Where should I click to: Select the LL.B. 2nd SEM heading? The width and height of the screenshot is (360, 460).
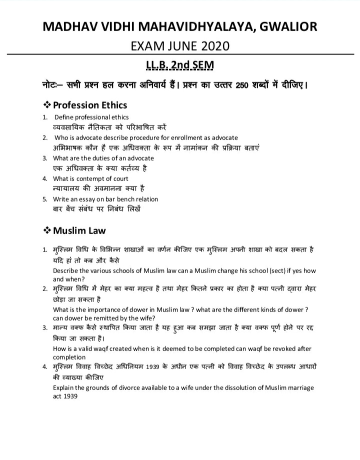point(179,65)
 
